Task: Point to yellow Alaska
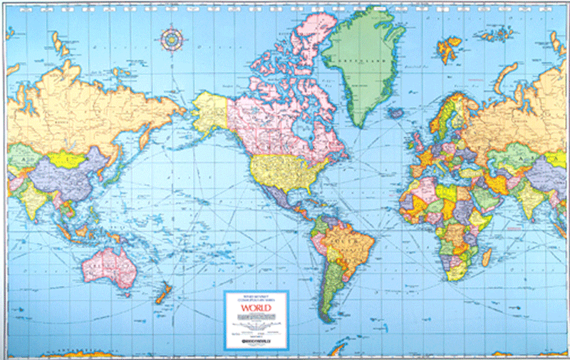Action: click(x=211, y=111)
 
